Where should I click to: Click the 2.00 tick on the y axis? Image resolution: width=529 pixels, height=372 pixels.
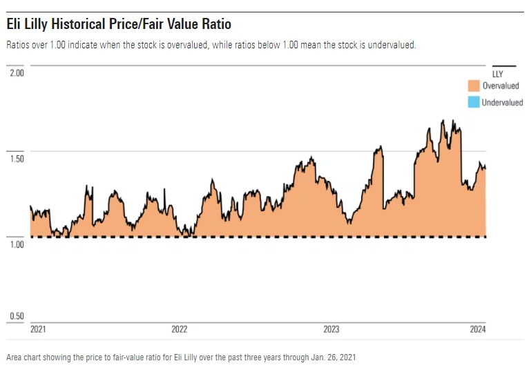tap(15, 72)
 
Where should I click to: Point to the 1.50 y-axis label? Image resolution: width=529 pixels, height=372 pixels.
tap(15, 159)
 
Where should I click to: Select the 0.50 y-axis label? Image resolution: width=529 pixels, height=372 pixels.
tap(15, 316)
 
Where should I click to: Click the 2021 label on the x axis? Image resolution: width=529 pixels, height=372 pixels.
tap(39, 329)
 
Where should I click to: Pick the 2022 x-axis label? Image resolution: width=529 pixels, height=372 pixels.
tap(179, 329)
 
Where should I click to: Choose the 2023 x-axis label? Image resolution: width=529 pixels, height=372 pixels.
tap(331, 329)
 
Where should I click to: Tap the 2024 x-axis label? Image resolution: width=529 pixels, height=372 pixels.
tap(478, 329)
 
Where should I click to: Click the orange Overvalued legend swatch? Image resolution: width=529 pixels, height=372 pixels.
tap(474, 86)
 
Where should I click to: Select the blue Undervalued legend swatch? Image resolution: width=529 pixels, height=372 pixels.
tap(474, 102)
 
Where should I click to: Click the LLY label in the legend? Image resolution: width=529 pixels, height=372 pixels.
tap(497, 73)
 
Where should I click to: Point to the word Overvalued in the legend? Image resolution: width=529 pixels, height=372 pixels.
tap(501, 86)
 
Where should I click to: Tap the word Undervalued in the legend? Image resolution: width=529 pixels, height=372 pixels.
tap(502, 102)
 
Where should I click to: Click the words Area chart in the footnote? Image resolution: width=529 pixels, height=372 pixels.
tap(23, 358)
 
